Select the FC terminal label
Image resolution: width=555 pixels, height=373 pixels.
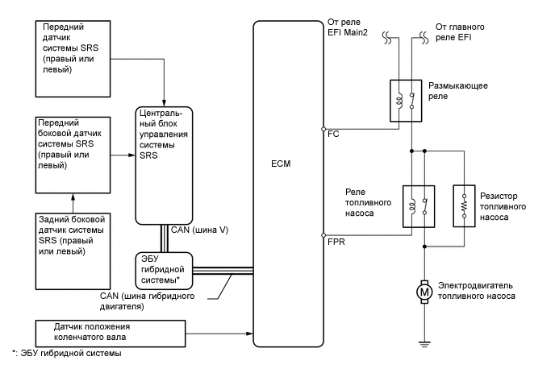(333, 134)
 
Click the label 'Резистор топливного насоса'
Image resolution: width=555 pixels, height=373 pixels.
(503, 206)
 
